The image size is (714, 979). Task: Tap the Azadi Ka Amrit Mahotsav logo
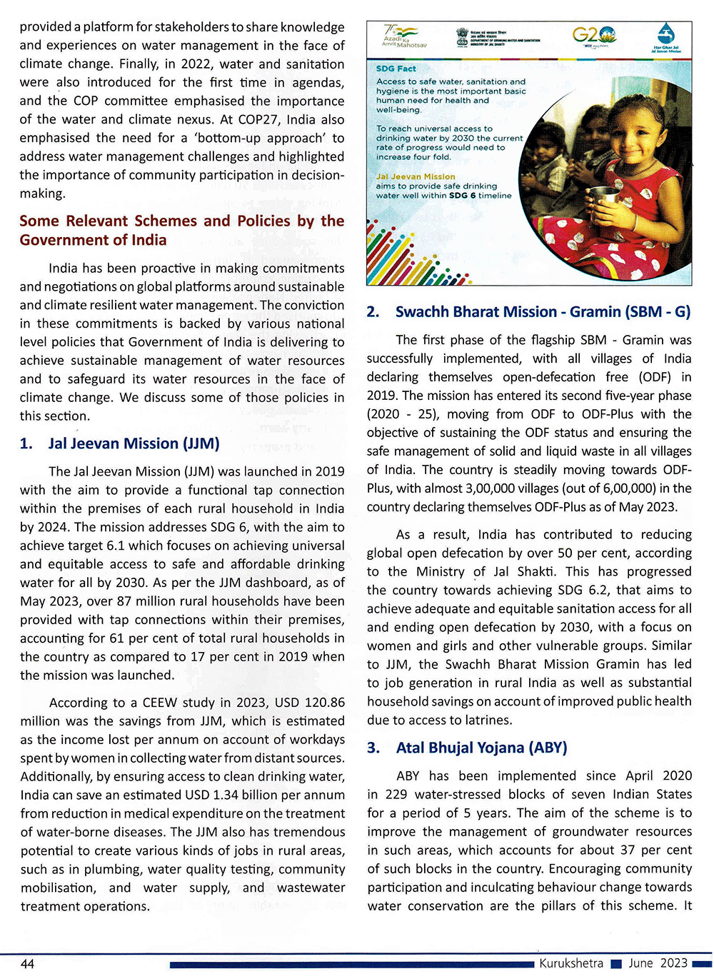[x=404, y=36]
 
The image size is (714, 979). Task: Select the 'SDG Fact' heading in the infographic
[x=396, y=69]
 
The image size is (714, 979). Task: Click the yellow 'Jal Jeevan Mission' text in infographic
[x=416, y=176]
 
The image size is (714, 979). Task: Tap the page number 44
[x=27, y=964]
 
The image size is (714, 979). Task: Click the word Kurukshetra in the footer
[x=571, y=963]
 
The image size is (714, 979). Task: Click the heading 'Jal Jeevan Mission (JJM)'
[x=134, y=443]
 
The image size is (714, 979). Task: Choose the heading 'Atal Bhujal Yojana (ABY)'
[x=481, y=748]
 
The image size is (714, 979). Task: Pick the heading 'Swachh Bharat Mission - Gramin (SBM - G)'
[x=543, y=312]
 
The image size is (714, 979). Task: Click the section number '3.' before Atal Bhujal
[x=373, y=748]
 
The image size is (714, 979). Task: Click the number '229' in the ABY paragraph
[x=395, y=794]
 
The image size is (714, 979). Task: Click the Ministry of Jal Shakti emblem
[x=462, y=37]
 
